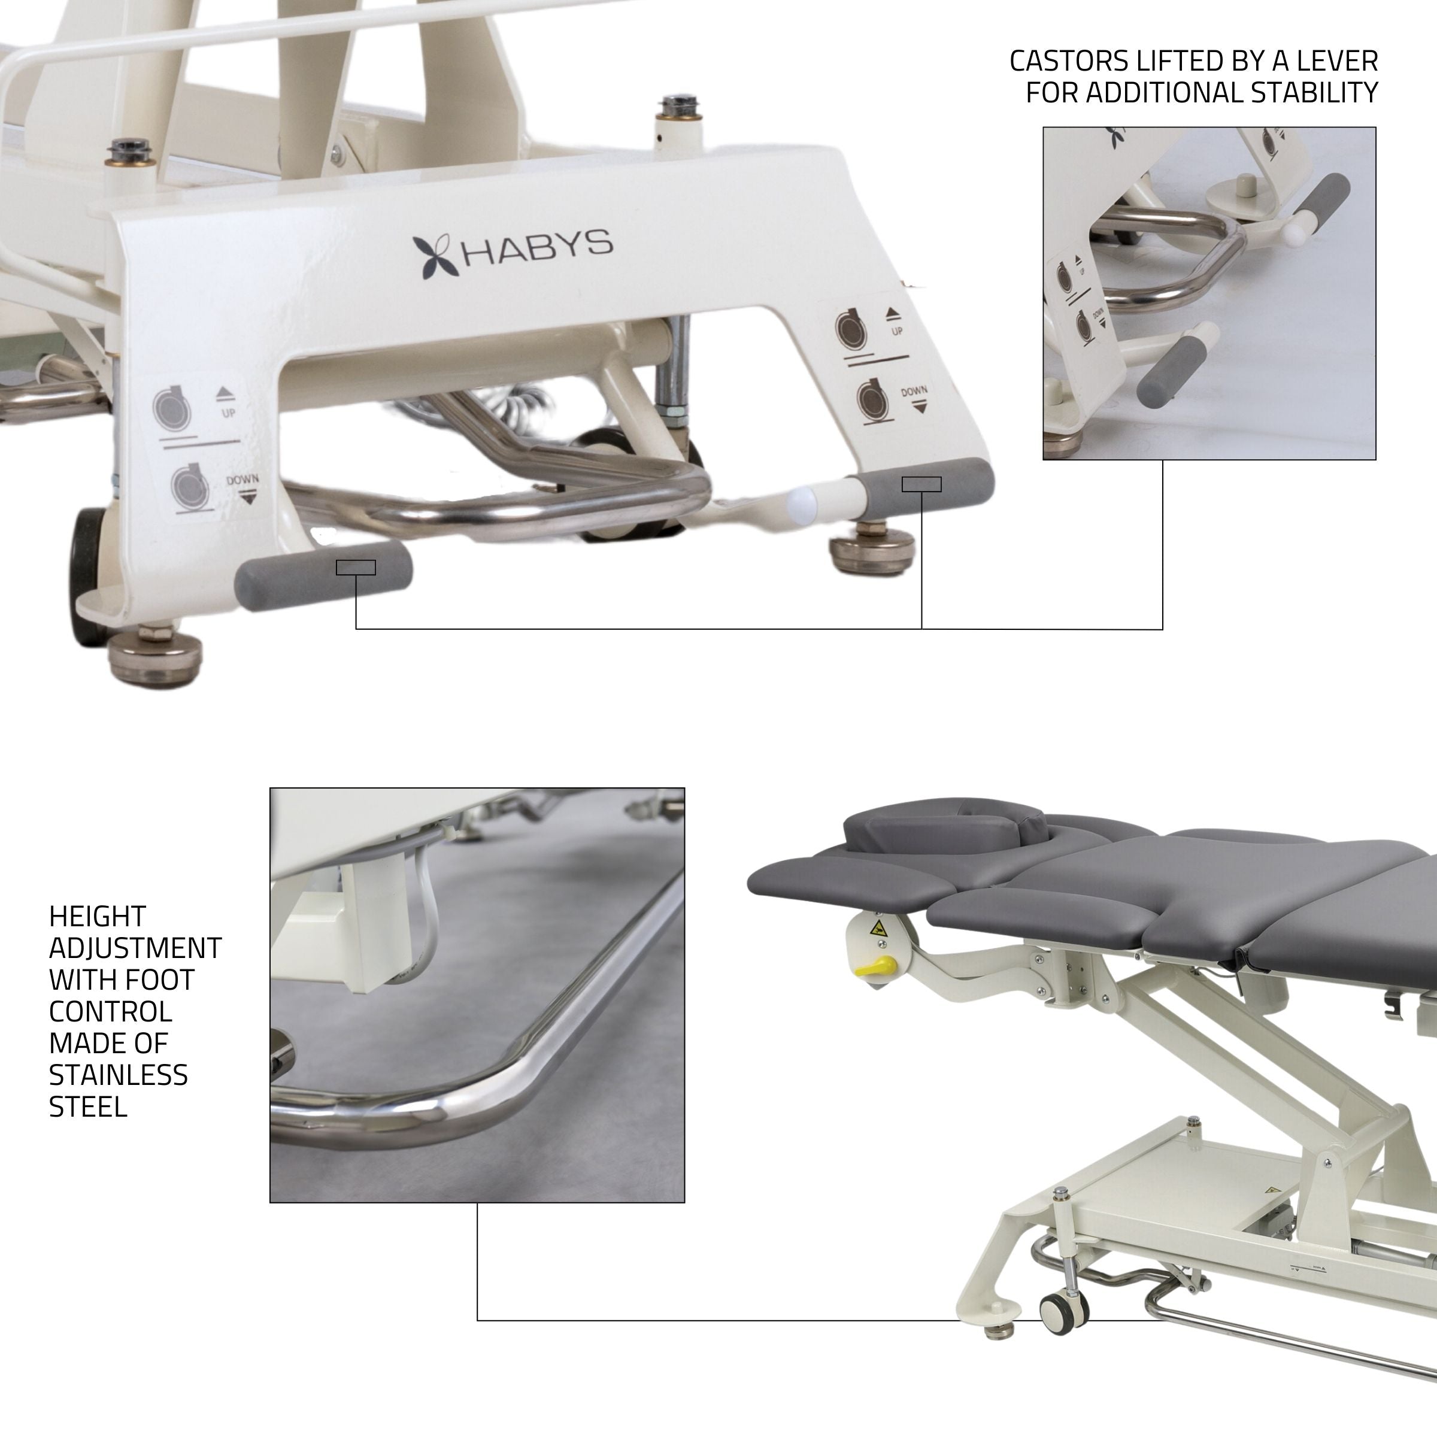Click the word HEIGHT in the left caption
tap(98, 915)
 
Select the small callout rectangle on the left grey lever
tap(356, 568)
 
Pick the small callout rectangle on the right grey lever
tap(921, 484)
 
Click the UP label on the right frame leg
tap(897, 331)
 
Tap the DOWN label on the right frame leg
tap(914, 391)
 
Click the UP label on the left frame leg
tap(228, 412)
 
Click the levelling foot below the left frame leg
tap(154, 656)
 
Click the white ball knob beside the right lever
tap(802, 503)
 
